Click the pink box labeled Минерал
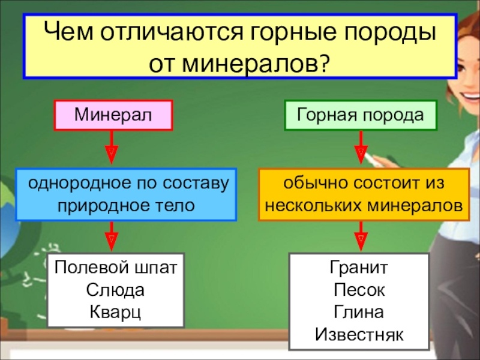(x=113, y=115)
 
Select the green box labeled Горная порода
(x=361, y=115)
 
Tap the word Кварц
(x=115, y=312)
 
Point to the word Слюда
(x=115, y=290)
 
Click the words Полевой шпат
(x=116, y=267)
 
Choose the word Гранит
(x=359, y=267)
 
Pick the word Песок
(x=359, y=290)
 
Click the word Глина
(x=358, y=312)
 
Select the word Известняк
(x=359, y=334)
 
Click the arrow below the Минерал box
(x=112, y=148)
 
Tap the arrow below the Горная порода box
(x=361, y=148)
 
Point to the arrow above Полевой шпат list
(x=112, y=236)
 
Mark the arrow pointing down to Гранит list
(x=361, y=236)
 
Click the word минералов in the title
(x=248, y=64)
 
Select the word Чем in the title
(x=68, y=31)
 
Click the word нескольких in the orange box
(x=314, y=206)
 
